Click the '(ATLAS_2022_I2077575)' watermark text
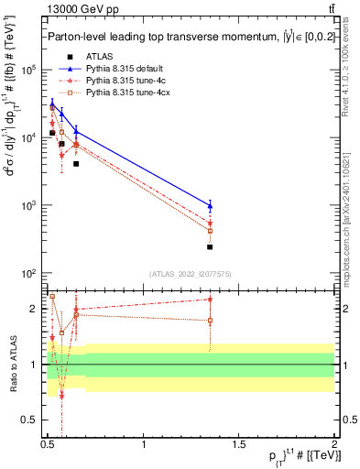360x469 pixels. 190,274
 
